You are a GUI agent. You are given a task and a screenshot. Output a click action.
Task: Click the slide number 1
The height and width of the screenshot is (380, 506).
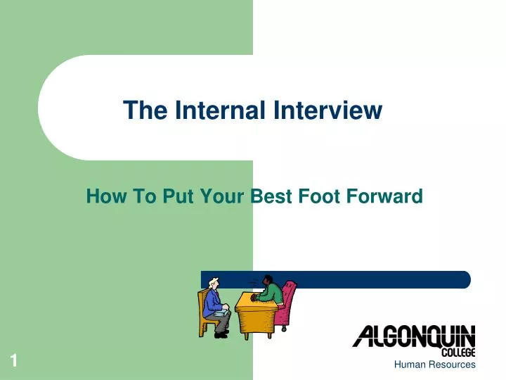point(13,362)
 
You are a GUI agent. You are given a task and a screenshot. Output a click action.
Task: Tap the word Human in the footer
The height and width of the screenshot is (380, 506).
point(410,365)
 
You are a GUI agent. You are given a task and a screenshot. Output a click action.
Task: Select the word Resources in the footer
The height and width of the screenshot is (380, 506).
point(452,365)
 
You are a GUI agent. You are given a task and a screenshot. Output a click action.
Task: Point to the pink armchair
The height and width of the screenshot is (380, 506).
point(287,303)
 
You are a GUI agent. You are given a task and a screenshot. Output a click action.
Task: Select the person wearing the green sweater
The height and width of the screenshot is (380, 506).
point(269,290)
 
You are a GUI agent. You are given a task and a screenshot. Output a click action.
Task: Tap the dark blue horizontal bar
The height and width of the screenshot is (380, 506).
point(365,279)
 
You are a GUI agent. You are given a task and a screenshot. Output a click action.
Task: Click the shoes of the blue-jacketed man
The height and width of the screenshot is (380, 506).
point(221,335)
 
